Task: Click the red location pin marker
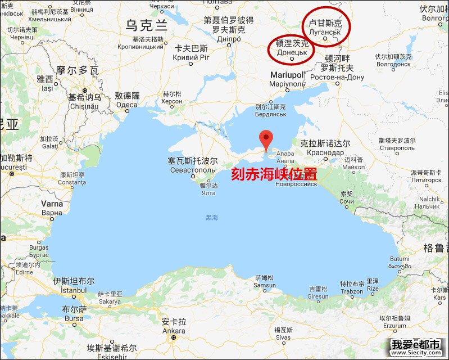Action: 266,139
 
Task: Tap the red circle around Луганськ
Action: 326,26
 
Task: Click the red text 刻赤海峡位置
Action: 274,173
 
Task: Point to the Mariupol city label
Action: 287,75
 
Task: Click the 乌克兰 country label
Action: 147,25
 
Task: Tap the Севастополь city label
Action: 193,169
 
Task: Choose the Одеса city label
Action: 126,104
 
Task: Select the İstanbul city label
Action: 71,289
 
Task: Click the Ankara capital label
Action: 173,331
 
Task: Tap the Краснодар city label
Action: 326,152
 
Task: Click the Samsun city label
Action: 265,285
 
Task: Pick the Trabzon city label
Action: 352,291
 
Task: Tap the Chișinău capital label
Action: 84,105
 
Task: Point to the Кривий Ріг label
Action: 191,58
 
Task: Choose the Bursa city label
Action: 74,318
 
